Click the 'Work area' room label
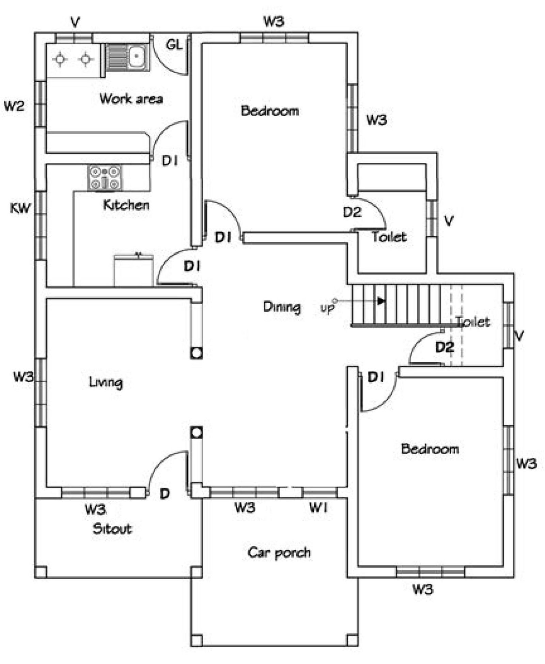[131, 99]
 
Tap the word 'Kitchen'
[126, 205]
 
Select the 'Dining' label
[282, 307]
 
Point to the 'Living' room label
[106, 382]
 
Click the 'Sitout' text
[112, 529]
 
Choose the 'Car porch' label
[279, 553]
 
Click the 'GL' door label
[174, 45]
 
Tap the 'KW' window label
[20, 208]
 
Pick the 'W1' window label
[318, 508]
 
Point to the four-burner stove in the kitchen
[105, 177]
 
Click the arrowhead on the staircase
[381, 301]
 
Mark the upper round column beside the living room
[196, 353]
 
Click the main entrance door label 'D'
[165, 493]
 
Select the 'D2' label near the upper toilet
[352, 212]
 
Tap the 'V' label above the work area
[75, 23]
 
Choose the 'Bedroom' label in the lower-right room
[430, 449]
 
